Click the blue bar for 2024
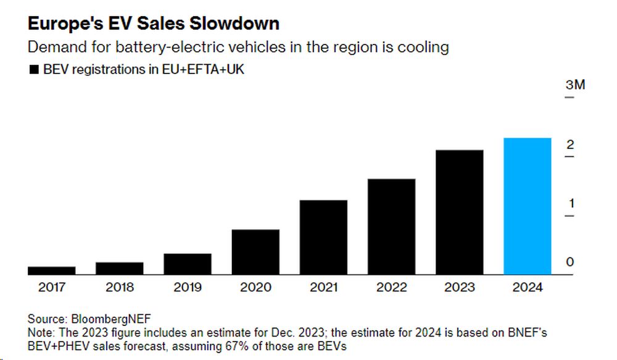tap(528, 206)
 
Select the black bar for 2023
tap(460, 212)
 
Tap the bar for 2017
tap(52, 270)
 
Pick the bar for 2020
tap(255, 252)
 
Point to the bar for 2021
tap(323, 237)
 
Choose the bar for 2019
tap(188, 264)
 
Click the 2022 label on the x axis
tap(391, 287)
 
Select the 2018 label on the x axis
tap(120, 287)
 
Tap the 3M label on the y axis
tap(575, 85)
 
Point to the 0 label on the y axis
tap(570, 262)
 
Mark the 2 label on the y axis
tap(570, 144)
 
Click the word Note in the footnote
tap(39, 332)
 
